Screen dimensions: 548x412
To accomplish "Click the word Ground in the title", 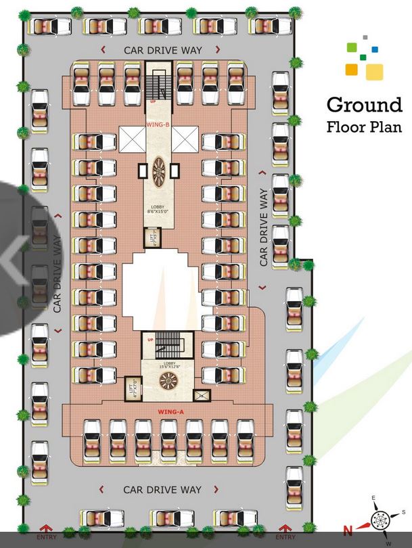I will [x=364, y=105].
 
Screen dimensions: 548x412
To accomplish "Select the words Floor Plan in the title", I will [x=364, y=127].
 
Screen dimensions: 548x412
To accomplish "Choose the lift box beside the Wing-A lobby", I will [x=131, y=390].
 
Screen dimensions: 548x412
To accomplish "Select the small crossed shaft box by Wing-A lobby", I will [x=200, y=394].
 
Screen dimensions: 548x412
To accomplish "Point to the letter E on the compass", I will [x=373, y=499].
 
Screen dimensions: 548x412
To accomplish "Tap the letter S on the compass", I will [x=403, y=511].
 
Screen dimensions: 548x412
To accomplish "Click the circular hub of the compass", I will [x=380, y=522].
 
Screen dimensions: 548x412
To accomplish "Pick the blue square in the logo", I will [x=375, y=49].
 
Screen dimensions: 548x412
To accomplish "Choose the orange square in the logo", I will [x=351, y=68].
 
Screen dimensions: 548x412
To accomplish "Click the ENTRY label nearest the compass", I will [x=287, y=537].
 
